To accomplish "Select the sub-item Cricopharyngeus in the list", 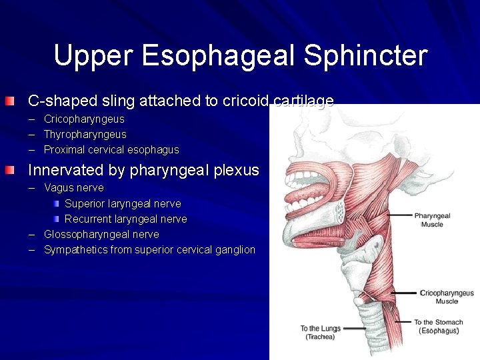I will [x=84, y=119].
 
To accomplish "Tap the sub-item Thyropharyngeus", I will [x=85, y=135].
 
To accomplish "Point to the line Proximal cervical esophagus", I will [x=111, y=150].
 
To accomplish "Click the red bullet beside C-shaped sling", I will [x=7, y=101].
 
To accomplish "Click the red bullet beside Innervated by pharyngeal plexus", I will [x=7, y=170].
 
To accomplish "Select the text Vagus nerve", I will [x=73, y=188].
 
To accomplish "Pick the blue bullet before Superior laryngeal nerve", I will [x=57, y=203].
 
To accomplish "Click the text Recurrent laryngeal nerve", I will [x=125, y=219].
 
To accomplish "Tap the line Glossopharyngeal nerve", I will [x=101, y=235].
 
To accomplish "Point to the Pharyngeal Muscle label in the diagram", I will [x=432, y=220].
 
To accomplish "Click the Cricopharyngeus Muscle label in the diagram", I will [x=447, y=297].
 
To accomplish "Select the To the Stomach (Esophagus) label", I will [x=438, y=327].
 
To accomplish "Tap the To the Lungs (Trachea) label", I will [x=321, y=332].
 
